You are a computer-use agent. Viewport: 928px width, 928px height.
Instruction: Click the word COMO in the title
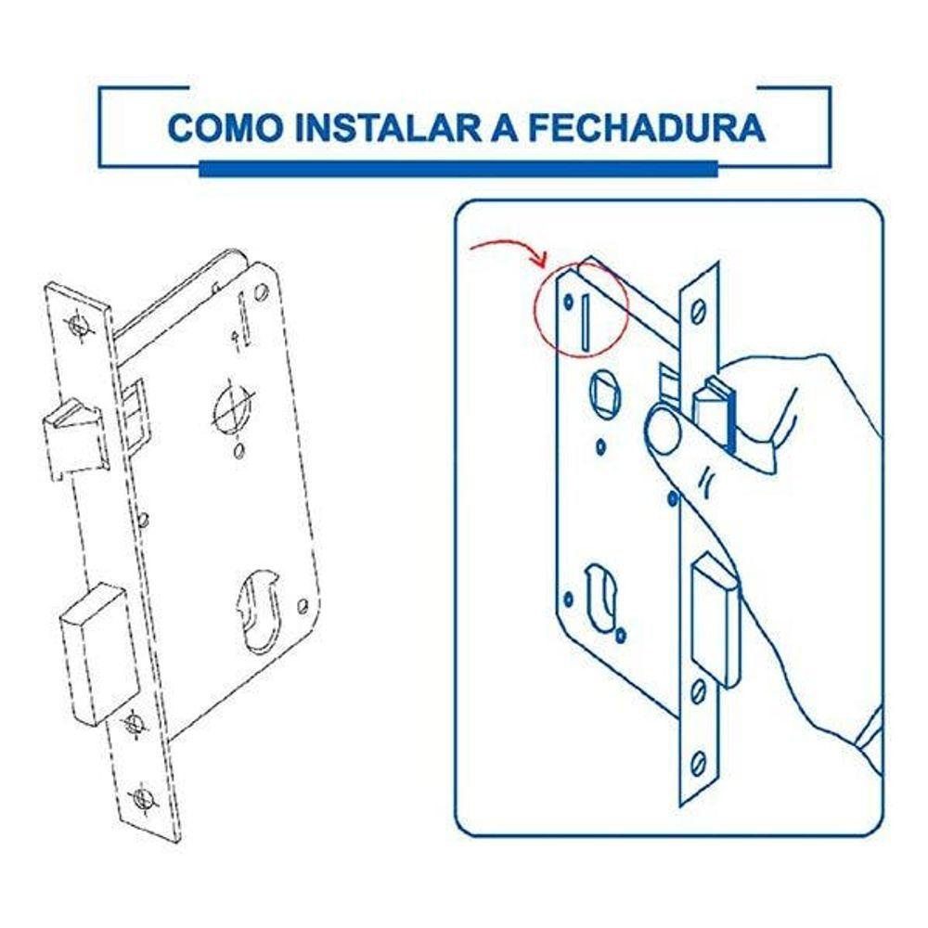226,126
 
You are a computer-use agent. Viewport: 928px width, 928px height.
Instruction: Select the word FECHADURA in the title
647,126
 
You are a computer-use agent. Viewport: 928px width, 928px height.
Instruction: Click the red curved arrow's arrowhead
540,259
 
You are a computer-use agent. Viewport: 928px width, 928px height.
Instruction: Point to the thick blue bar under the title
458,169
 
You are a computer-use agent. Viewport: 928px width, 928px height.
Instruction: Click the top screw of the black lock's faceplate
79,324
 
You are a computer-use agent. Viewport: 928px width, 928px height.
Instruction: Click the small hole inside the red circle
568,302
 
